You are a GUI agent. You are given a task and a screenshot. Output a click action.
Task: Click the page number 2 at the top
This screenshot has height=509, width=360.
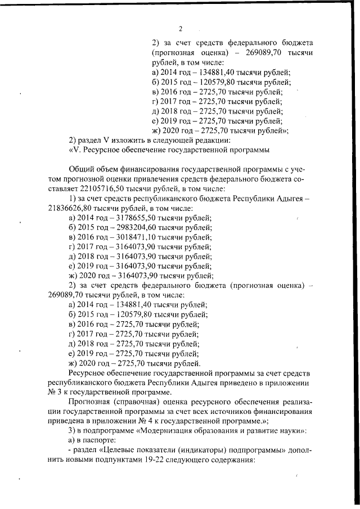tap(181, 29)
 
